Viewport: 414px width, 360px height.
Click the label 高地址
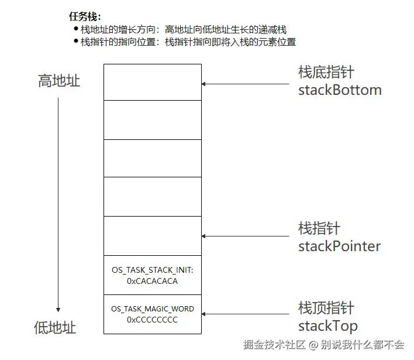coord(59,81)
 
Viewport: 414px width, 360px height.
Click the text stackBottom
coord(340,90)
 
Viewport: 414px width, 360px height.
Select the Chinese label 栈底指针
coord(326,73)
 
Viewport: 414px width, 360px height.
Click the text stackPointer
coord(339,246)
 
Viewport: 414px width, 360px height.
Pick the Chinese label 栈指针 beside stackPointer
coord(319,228)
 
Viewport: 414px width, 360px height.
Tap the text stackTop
coord(327,326)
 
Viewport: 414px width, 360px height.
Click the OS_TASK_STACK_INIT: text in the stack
coord(152,271)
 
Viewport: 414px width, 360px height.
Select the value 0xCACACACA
coord(152,281)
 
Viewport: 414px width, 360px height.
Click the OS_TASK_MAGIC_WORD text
coord(152,309)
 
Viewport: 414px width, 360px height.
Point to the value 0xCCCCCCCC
coord(152,320)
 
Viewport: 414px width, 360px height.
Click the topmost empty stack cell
coord(152,81)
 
